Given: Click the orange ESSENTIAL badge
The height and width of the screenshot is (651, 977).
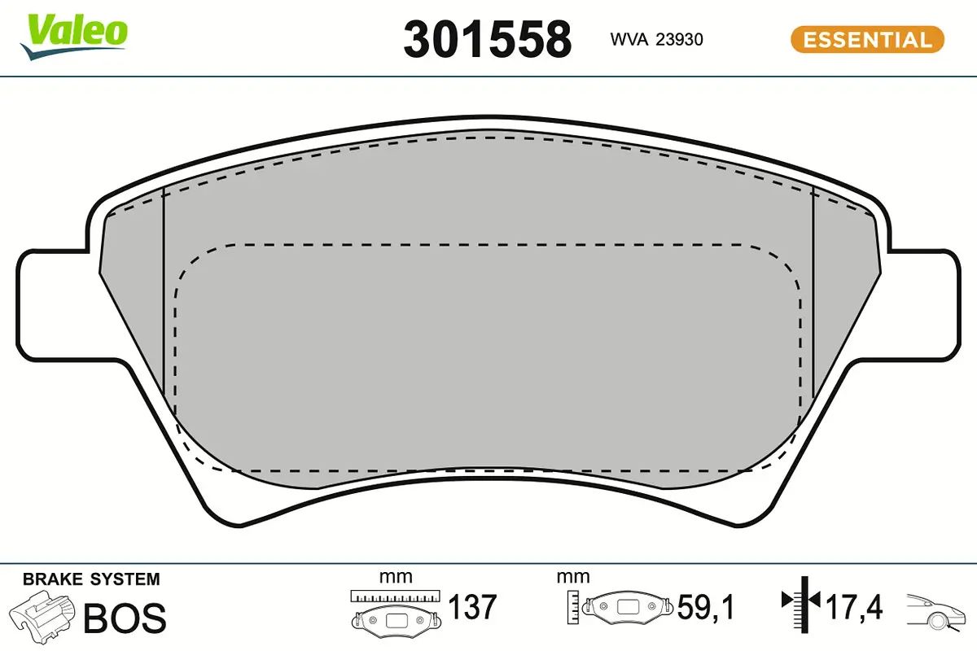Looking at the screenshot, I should click(x=866, y=39).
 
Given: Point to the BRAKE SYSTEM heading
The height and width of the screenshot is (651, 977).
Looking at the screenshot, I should click(x=91, y=579).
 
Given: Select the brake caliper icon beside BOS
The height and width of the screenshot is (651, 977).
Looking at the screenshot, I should click(x=42, y=617).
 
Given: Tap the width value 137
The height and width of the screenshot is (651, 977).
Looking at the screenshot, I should click(x=473, y=607).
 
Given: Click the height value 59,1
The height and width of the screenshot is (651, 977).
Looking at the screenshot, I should click(x=707, y=607).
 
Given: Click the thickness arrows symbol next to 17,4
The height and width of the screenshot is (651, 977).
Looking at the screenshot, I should click(x=801, y=602).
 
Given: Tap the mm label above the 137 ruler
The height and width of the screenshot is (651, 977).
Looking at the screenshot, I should click(x=396, y=578).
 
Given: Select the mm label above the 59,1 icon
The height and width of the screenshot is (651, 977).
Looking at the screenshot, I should click(x=572, y=578).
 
